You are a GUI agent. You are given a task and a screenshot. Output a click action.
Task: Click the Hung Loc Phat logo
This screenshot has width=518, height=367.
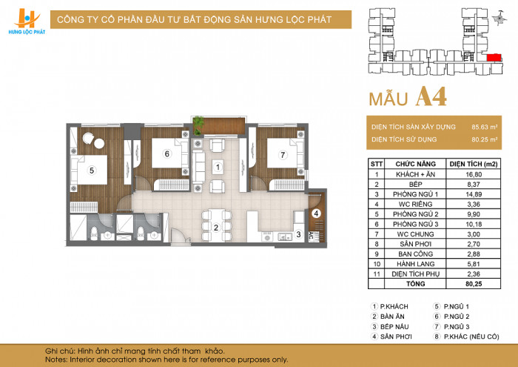[x=27, y=22]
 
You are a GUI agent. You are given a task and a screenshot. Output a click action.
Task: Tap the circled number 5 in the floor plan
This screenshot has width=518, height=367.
[x=92, y=171]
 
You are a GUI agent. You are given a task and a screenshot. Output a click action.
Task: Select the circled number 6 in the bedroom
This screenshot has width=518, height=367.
[x=166, y=154]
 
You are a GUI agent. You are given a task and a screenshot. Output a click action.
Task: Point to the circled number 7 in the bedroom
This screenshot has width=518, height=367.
[x=283, y=154]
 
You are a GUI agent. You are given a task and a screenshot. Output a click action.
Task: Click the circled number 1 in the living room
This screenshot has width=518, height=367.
[x=217, y=167]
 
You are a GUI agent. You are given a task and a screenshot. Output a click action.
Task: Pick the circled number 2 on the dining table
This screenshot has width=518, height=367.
[x=216, y=228]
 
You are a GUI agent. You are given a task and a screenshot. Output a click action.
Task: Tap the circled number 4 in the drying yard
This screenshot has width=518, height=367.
[x=316, y=214]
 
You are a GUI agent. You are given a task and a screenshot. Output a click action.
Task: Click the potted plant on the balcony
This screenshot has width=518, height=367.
[x=198, y=125]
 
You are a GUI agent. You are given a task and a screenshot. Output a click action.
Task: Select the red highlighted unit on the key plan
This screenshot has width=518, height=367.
[x=494, y=57]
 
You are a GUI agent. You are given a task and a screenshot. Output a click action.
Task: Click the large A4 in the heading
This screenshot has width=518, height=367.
[x=431, y=96]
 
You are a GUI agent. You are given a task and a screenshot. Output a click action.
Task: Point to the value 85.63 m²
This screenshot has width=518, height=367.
[x=484, y=127]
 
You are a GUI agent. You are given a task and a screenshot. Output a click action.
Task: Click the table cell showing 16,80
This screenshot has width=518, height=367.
[x=474, y=174]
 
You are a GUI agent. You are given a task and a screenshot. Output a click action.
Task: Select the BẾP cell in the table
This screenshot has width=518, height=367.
[x=415, y=185]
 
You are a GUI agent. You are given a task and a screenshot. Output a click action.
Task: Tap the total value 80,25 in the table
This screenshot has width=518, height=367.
[x=474, y=284]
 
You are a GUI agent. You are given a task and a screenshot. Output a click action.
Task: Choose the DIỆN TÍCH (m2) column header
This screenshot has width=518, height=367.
[x=474, y=164]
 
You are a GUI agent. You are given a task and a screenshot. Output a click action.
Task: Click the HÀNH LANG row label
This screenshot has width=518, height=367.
[x=415, y=264]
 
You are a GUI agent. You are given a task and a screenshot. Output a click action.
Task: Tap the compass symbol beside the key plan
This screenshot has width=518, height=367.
[x=499, y=18]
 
